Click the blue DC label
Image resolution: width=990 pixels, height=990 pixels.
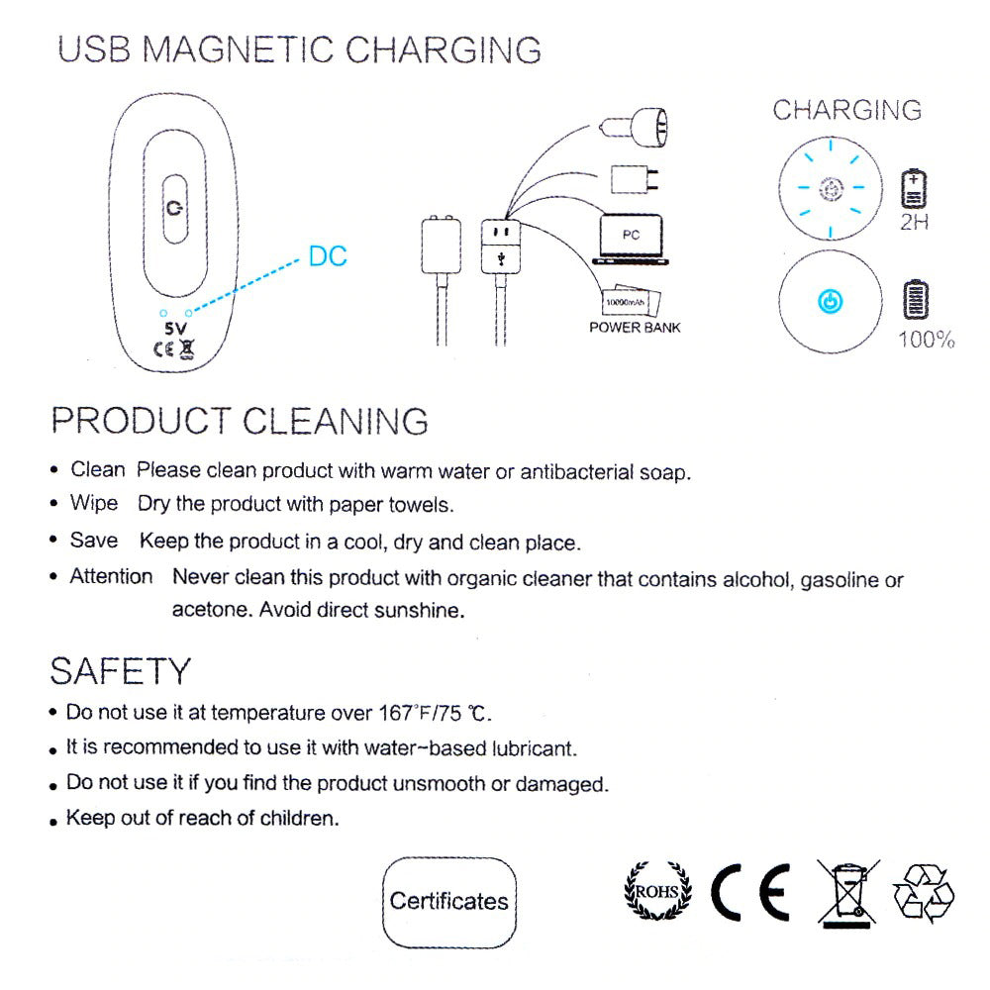point(328,256)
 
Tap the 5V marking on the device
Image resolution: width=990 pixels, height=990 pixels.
point(175,329)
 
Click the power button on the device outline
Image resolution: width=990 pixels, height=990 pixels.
point(175,208)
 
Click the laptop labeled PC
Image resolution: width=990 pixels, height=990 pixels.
point(631,240)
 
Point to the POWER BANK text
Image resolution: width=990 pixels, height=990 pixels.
point(635,328)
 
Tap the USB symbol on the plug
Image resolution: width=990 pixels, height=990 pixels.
point(501,258)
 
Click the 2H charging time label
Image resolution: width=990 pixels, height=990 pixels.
point(914,222)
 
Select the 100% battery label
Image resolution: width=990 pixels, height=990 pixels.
point(927,340)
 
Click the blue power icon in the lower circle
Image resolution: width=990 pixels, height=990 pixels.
point(831,302)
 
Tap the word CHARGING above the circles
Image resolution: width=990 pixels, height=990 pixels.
point(846,110)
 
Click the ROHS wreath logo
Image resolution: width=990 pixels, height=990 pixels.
point(657,891)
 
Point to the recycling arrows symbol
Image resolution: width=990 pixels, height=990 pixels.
point(924,893)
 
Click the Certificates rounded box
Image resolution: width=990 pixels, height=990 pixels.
point(448,902)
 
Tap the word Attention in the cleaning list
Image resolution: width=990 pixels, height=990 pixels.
point(111,576)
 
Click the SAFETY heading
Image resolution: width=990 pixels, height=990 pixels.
point(120,671)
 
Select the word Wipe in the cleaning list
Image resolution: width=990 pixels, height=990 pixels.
point(94,503)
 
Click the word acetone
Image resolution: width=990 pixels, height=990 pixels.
point(211,610)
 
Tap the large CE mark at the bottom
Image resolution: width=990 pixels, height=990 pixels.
point(750,892)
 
